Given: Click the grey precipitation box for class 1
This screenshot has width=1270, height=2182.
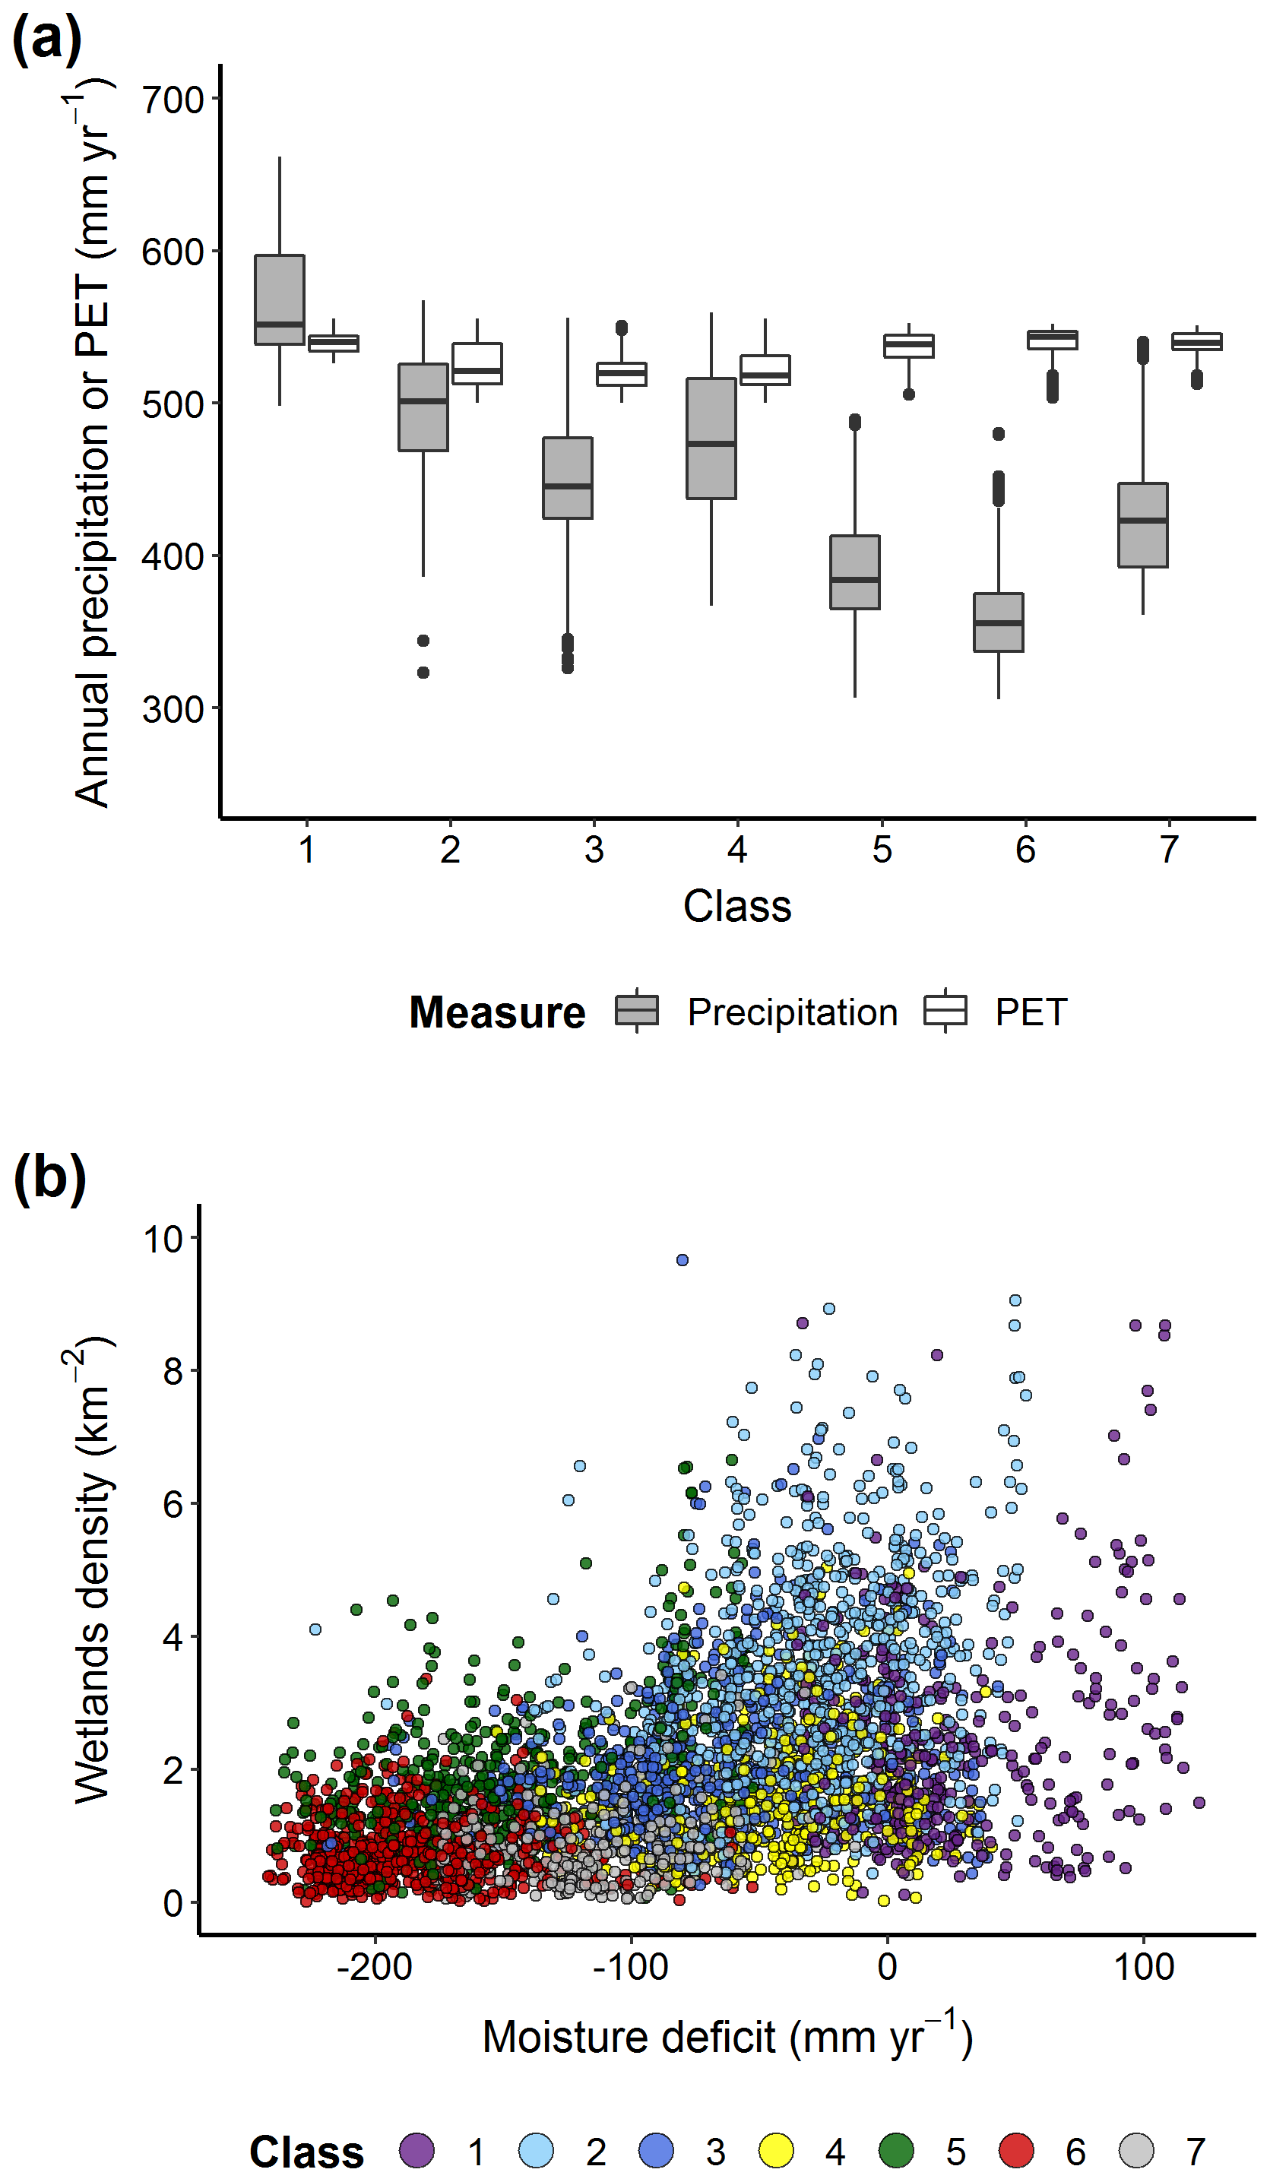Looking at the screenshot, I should [x=279, y=299].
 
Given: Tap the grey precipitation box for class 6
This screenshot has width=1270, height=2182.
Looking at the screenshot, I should [x=998, y=622].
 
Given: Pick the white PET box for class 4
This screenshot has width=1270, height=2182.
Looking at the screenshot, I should [x=765, y=369].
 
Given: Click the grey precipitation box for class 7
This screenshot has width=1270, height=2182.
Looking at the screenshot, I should [x=1143, y=524].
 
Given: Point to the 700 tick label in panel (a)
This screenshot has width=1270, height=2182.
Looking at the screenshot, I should [x=173, y=100].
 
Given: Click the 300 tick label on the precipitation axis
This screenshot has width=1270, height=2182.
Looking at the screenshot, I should [x=173, y=710].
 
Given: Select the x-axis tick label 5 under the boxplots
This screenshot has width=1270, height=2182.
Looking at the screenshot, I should [x=882, y=850].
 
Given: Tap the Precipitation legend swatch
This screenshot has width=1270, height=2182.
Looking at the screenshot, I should [x=636, y=1011].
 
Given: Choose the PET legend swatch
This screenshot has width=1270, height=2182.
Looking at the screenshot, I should [x=945, y=1011].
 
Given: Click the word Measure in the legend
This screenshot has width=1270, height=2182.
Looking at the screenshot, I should [x=497, y=1012].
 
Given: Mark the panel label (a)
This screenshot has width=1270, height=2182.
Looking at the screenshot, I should [x=47, y=40].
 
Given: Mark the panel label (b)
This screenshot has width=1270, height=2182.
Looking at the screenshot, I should [x=50, y=1179].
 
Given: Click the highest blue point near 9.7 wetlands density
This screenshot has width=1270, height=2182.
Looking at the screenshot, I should [x=683, y=1260].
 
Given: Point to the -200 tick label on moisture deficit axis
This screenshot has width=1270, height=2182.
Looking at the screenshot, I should [x=374, y=1967].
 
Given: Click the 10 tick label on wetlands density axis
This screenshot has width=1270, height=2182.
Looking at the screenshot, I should [x=163, y=1239].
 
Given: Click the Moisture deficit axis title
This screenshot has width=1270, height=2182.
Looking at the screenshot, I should [x=727, y=2038].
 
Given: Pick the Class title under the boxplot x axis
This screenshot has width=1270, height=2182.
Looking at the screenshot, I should [x=736, y=907].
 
